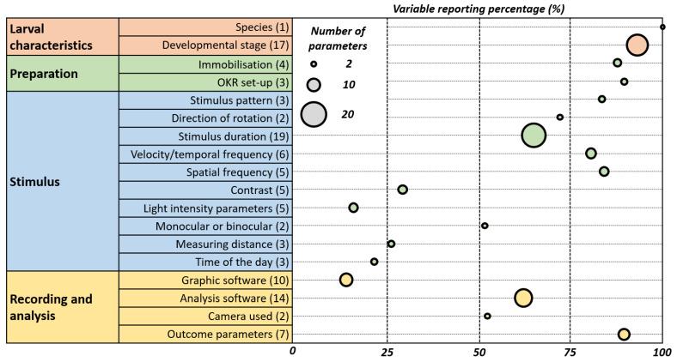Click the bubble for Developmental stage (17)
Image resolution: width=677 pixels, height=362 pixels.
click(637, 45)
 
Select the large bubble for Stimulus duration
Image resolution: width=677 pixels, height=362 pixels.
click(534, 136)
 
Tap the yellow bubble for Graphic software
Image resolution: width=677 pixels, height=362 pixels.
click(346, 279)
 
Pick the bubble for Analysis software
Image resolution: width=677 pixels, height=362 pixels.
click(523, 298)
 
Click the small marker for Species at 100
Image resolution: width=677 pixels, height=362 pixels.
click(662, 27)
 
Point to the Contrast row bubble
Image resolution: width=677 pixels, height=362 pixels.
click(402, 189)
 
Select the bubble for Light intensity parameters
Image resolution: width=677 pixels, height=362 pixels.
click(353, 208)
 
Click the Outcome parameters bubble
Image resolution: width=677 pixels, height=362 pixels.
click(624, 334)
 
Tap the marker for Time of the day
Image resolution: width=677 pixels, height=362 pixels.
click(374, 262)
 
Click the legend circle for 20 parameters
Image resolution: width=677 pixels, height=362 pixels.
click(315, 113)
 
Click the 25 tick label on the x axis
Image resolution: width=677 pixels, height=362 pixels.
click(387, 352)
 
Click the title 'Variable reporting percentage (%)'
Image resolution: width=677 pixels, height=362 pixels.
click(479, 8)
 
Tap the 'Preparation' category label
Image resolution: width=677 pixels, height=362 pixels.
click(45, 73)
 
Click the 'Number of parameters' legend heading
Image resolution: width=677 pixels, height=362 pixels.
click(338, 39)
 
